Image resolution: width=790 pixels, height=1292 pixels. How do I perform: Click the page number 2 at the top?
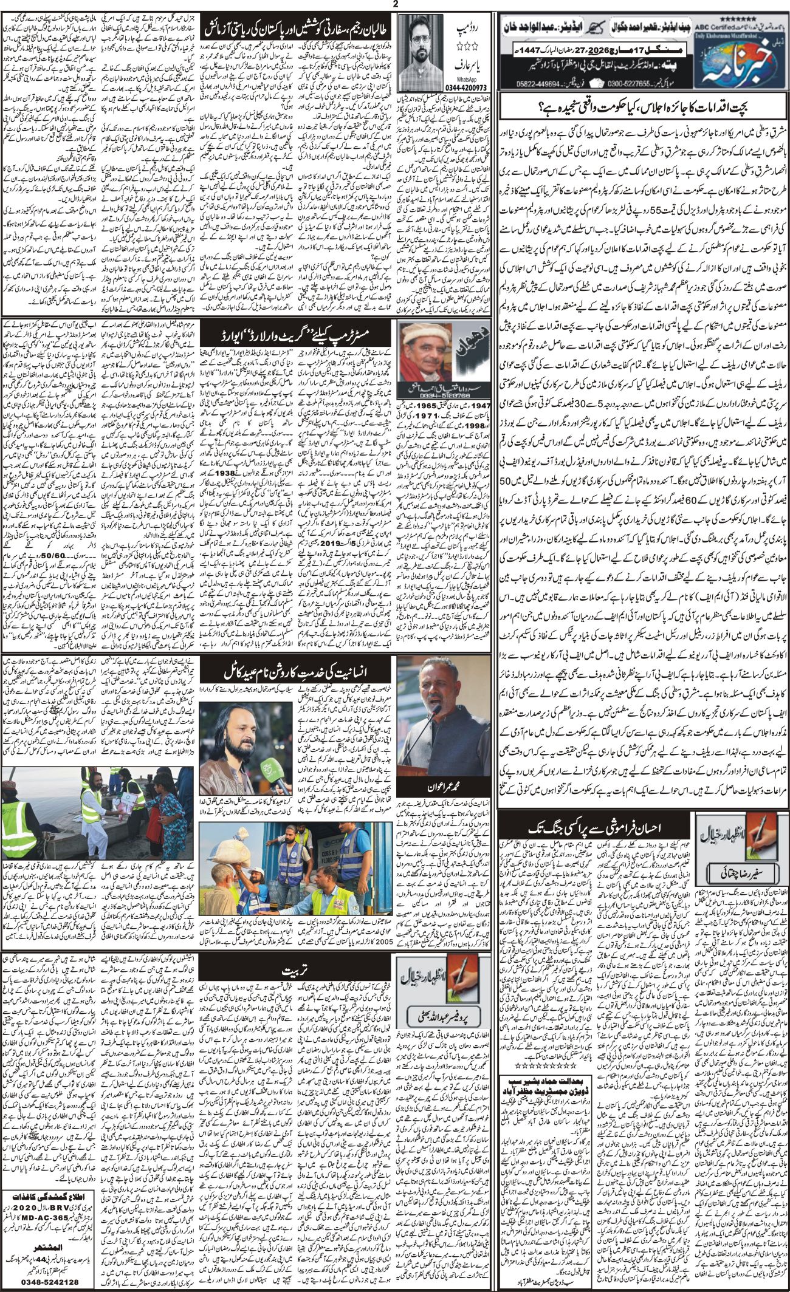coord(394,4)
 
